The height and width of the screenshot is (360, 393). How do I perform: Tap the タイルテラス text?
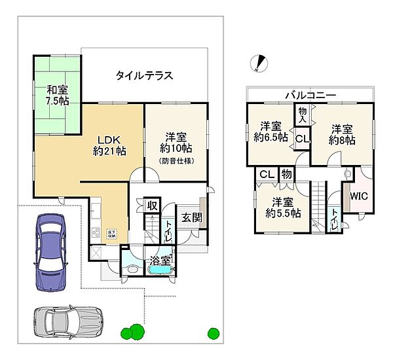click(x=144, y=75)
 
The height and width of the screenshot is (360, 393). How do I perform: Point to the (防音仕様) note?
click(x=177, y=159)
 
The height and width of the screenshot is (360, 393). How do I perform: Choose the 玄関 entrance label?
click(x=190, y=218)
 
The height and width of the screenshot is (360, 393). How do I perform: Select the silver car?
click(x=67, y=321)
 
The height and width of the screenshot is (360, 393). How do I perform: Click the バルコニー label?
click(x=310, y=96)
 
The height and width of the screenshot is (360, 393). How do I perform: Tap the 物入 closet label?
click(x=302, y=115)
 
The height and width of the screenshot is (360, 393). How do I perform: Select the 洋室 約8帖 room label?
click(x=343, y=134)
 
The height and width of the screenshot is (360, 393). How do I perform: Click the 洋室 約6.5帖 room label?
click(x=272, y=132)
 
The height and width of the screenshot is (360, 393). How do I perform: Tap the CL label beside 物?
click(x=266, y=174)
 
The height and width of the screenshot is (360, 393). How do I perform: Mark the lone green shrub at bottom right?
click(x=213, y=333)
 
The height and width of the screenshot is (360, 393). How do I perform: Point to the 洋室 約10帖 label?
click(x=177, y=143)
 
